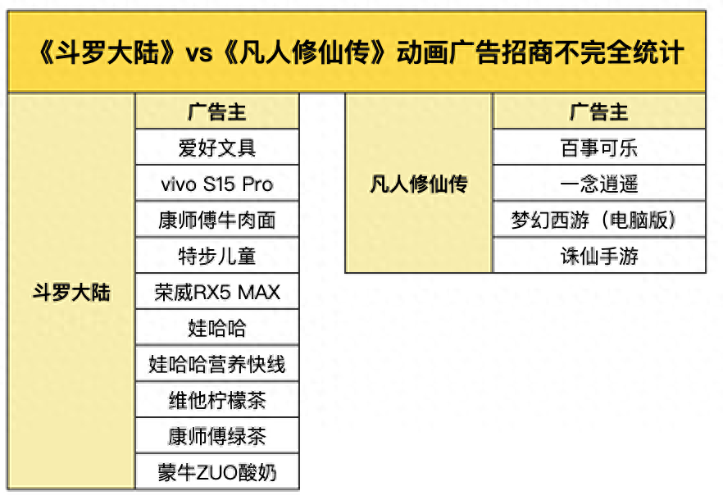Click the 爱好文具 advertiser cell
(217, 148)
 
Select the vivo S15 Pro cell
(217, 184)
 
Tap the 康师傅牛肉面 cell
(217, 220)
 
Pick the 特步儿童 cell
(217, 256)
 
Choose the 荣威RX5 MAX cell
(217, 292)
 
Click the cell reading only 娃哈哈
(217, 329)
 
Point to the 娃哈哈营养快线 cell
(217, 365)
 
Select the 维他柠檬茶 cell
(217, 401)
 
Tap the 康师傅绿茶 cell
(217, 437)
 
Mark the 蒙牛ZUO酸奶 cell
(217, 473)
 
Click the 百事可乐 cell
(598, 148)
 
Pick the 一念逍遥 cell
(598, 184)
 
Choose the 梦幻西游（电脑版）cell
(598, 220)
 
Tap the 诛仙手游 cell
(598, 256)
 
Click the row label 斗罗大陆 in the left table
(71, 293)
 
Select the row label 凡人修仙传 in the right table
(418, 184)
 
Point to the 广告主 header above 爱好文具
(217, 111)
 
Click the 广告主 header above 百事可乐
(598, 111)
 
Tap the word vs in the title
(199, 54)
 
